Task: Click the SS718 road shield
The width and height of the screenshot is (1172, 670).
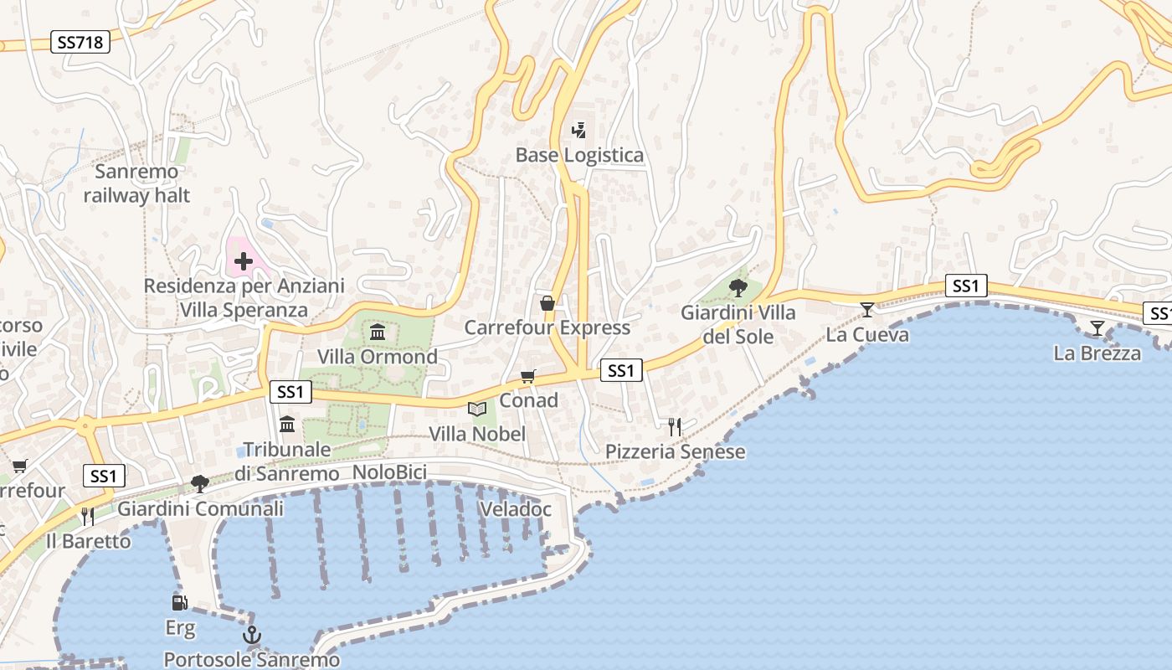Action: click(x=81, y=42)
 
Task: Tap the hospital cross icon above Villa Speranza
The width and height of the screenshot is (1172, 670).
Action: click(x=244, y=261)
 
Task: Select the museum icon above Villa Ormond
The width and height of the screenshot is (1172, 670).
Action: click(x=378, y=332)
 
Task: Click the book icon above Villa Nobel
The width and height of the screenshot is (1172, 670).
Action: click(x=477, y=410)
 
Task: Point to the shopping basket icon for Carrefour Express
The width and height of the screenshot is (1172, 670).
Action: click(x=547, y=302)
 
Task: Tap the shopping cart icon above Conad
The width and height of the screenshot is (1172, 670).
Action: click(x=528, y=377)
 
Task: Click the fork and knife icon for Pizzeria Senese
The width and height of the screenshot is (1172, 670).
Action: click(x=675, y=427)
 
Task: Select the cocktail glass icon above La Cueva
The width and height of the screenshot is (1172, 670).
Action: click(x=867, y=310)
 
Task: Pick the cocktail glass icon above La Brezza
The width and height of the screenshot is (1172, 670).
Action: click(x=1097, y=328)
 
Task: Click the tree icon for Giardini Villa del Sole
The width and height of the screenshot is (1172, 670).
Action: click(x=738, y=288)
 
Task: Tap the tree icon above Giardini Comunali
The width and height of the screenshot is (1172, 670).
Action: click(x=199, y=484)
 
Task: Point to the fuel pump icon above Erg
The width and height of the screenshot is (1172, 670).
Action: click(x=180, y=602)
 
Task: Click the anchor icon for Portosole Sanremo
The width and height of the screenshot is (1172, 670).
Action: click(x=251, y=636)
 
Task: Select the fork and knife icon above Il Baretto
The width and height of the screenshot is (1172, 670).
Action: click(x=88, y=516)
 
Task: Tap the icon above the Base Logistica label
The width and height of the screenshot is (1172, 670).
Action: click(x=578, y=131)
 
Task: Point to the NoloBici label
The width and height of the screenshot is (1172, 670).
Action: click(x=389, y=472)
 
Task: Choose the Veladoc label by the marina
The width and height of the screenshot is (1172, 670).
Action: click(x=516, y=509)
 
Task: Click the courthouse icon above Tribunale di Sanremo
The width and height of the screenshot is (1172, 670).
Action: click(x=287, y=425)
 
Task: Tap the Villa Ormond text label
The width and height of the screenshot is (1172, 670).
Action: click(x=377, y=357)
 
